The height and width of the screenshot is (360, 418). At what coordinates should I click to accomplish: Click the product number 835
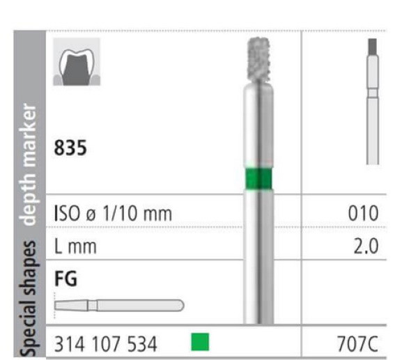(x=70, y=148)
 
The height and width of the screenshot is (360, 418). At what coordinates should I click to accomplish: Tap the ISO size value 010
(x=363, y=213)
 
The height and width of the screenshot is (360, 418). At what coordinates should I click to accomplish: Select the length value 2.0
(x=366, y=246)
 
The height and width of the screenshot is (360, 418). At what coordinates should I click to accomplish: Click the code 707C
(x=357, y=344)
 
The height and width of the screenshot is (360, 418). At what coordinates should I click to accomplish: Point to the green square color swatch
(x=200, y=342)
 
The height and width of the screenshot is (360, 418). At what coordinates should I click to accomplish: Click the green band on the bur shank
(x=258, y=179)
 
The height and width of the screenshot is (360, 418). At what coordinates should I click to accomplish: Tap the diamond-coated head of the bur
(x=258, y=59)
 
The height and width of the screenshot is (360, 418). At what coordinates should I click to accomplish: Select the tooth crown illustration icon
(x=77, y=62)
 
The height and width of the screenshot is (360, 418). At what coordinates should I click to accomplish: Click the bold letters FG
(x=65, y=279)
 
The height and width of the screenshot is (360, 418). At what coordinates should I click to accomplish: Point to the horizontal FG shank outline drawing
(x=119, y=306)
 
